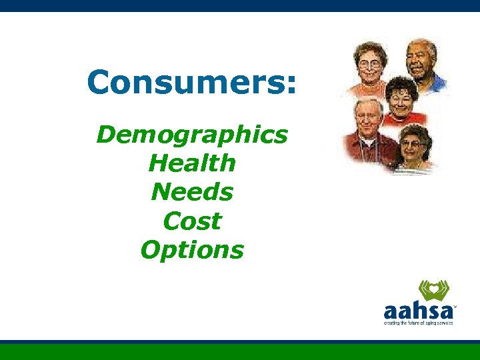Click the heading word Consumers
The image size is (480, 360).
(187, 83)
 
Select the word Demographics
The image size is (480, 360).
(192, 135)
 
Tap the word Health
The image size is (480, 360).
(192, 163)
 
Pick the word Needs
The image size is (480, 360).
(192, 193)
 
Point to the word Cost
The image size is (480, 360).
(192, 221)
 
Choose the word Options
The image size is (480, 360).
(192, 251)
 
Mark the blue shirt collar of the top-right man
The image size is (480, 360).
(437, 83)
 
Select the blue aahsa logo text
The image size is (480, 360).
(417, 311)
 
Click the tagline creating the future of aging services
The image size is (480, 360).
(418, 323)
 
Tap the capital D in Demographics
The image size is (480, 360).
(105, 135)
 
